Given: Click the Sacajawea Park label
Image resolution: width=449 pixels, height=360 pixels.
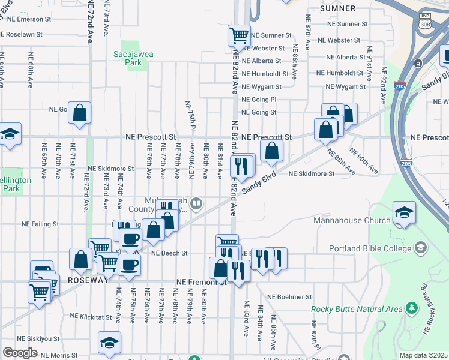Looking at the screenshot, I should [x=133, y=58].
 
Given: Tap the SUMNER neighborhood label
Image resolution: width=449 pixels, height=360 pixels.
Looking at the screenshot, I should [x=337, y=8].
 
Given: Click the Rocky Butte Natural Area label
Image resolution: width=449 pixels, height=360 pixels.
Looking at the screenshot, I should [x=356, y=309].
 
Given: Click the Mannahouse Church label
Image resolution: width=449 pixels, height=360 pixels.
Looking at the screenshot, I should [x=352, y=220].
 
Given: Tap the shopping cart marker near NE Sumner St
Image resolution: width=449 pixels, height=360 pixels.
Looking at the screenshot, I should [x=239, y=35].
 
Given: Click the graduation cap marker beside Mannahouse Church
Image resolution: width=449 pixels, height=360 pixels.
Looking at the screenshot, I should [x=404, y=213].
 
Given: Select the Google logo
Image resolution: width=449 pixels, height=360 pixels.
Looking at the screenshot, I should [x=20, y=353].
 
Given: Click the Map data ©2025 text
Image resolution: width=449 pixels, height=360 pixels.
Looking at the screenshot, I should [x=423, y=355].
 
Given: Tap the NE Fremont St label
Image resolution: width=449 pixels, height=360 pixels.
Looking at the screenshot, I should [x=200, y=281].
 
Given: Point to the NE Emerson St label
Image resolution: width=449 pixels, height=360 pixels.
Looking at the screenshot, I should [x=22, y=19].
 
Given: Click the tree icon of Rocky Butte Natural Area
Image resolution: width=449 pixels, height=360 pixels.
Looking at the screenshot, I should [x=411, y=308].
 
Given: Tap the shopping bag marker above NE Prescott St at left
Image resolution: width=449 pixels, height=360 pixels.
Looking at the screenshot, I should [x=79, y=113].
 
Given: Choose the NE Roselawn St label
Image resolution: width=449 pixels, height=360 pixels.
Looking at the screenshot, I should [x=22, y=35].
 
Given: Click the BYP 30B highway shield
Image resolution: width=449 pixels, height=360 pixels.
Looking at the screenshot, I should [x=425, y=21].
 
